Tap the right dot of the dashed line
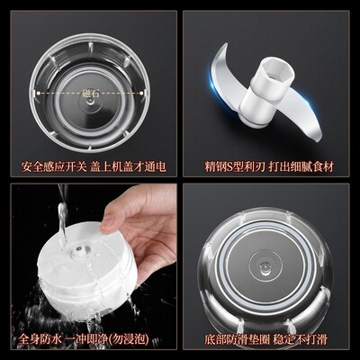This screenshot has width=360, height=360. coord(148,92)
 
